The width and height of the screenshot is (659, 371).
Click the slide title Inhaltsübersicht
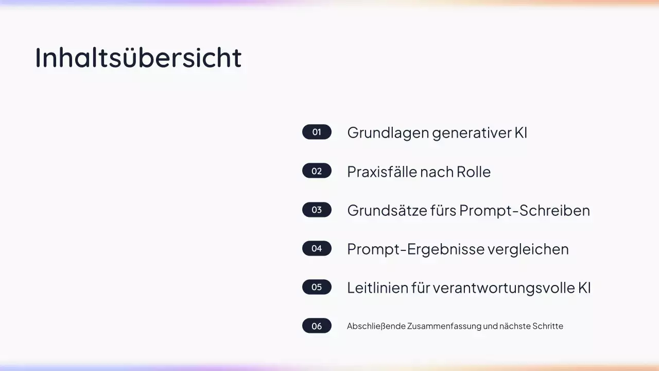(138, 57)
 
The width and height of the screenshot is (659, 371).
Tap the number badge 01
(317, 132)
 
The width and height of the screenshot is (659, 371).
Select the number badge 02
(317, 171)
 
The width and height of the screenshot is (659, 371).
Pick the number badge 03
(317, 210)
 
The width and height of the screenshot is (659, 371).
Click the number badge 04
(317, 248)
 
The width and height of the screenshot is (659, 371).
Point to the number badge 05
(317, 287)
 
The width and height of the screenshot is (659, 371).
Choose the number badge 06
(317, 326)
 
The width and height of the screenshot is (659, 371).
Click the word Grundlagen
(388, 133)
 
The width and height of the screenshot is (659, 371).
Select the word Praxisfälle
(381, 172)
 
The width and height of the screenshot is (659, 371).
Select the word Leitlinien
(377, 288)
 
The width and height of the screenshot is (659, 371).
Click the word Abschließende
(376, 326)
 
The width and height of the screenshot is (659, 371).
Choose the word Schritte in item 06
(547, 326)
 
